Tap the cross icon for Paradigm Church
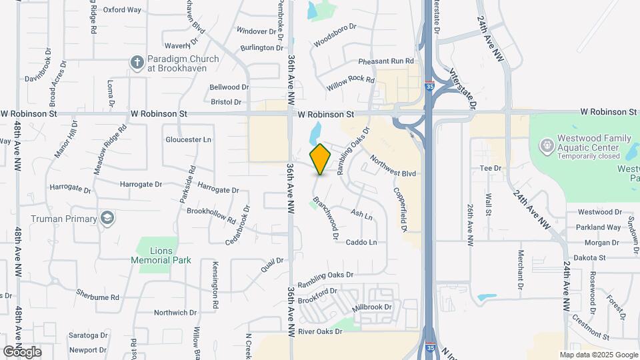click(x=137, y=63)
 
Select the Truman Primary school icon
click(x=106, y=218)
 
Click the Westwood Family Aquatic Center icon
click(x=547, y=145)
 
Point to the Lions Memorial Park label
click(x=161, y=255)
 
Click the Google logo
click(x=22, y=351)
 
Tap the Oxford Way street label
click(x=123, y=10)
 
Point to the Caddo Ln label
click(x=361, y=241)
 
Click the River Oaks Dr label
click(x=319, y=331)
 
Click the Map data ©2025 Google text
click(x=598, y=355)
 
